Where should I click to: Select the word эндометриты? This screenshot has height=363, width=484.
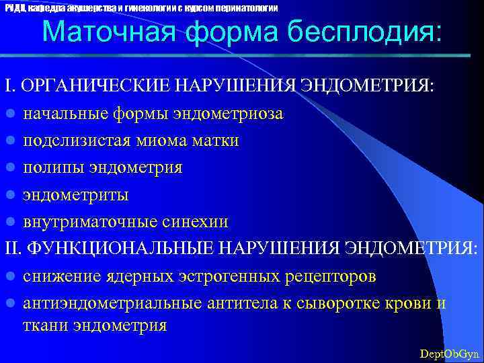pyautogui.click(x=76, y=195)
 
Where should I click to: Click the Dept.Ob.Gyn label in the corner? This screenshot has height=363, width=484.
pyautogui.click(x=449, y=353)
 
